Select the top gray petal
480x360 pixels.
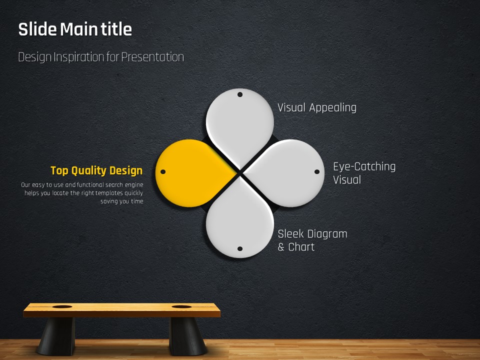[239, 125]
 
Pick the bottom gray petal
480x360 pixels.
[239, 220]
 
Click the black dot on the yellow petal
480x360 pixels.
[163, 171]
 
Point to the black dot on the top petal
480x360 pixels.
[240, 94]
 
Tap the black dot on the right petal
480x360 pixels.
[317, 171]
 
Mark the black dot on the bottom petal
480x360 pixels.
[240, 249]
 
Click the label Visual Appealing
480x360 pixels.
[317, 107]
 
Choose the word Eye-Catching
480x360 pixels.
[364, 166]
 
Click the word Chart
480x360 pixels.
[301, 246]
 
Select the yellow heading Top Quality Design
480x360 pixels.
[96, 170]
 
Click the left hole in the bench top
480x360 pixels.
[62, 306]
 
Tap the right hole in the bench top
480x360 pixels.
[181, 306]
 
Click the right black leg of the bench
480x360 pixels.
[187, 336]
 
